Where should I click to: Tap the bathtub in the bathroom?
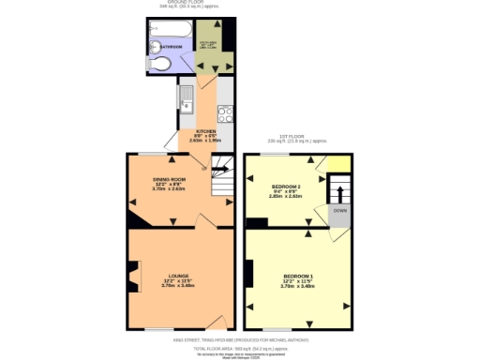(169, 25)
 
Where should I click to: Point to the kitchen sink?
(186, 95)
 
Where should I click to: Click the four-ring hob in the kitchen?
(226, 115)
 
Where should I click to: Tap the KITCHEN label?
(206, 131)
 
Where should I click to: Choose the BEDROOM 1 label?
(297, 277)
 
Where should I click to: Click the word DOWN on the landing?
(340, 211)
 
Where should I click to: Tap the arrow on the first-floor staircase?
(340, 191)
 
